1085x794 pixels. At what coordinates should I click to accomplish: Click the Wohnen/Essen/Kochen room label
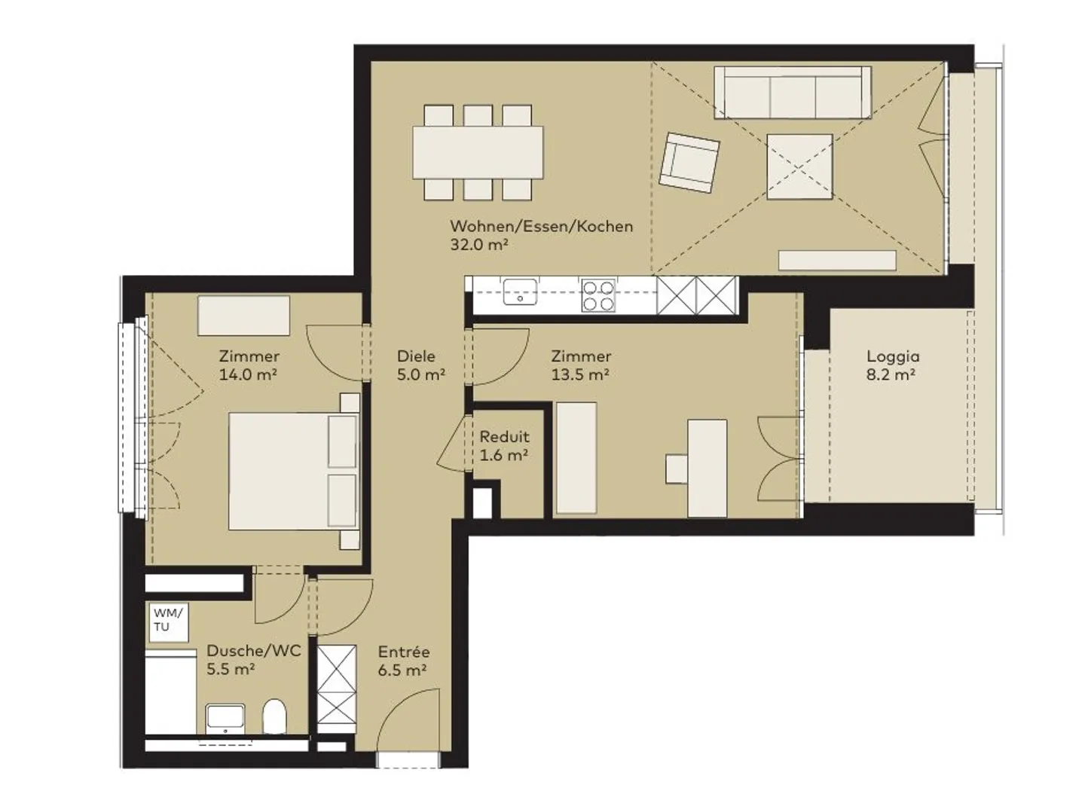542,227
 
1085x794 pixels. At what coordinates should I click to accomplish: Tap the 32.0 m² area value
479,245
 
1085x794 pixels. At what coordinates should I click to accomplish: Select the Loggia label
893,357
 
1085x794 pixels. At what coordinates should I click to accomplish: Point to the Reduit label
504,437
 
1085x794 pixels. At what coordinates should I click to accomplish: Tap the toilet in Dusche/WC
274,716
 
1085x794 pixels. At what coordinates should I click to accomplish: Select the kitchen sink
520,292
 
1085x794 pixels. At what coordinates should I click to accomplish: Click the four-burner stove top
598,295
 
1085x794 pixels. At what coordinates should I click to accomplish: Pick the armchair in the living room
689,162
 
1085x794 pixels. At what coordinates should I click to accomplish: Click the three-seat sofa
793,93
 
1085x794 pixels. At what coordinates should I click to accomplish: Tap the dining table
478,152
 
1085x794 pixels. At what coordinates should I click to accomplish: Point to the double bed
295,471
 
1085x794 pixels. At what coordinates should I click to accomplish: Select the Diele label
416,356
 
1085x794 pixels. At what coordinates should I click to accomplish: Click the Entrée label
404,652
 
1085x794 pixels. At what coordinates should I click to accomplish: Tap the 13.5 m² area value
580,375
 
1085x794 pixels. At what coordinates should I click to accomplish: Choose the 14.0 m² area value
248,375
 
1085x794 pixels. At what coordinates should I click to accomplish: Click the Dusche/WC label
254,651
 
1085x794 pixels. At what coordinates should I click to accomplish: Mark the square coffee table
799,166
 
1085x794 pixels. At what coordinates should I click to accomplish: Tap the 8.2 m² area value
891,375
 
